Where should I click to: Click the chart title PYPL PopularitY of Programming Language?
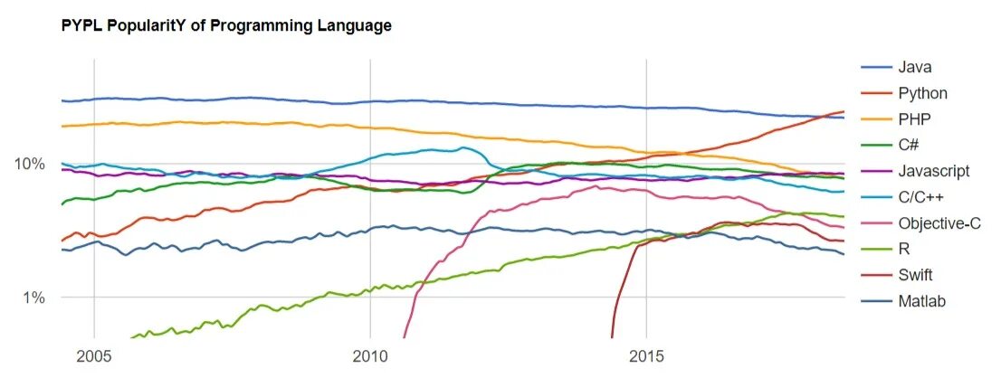coord(226,26)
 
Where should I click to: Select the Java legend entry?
coord(915,67)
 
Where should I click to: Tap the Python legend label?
coord(923,92)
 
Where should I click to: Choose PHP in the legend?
coord(914,118)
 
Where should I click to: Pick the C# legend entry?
coord(910,145)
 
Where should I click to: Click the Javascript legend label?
coord(934,171)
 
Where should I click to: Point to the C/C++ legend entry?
coord(922,197)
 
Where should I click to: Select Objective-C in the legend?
coord(939,223)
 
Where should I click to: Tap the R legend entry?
coord(904,250)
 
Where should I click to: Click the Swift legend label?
coord(916,276)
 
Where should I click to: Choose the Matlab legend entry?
coord(921,302)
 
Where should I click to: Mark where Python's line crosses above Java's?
coord(826,116)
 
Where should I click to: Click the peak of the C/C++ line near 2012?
coord(463,147)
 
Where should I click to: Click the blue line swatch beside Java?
coord(873,67)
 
